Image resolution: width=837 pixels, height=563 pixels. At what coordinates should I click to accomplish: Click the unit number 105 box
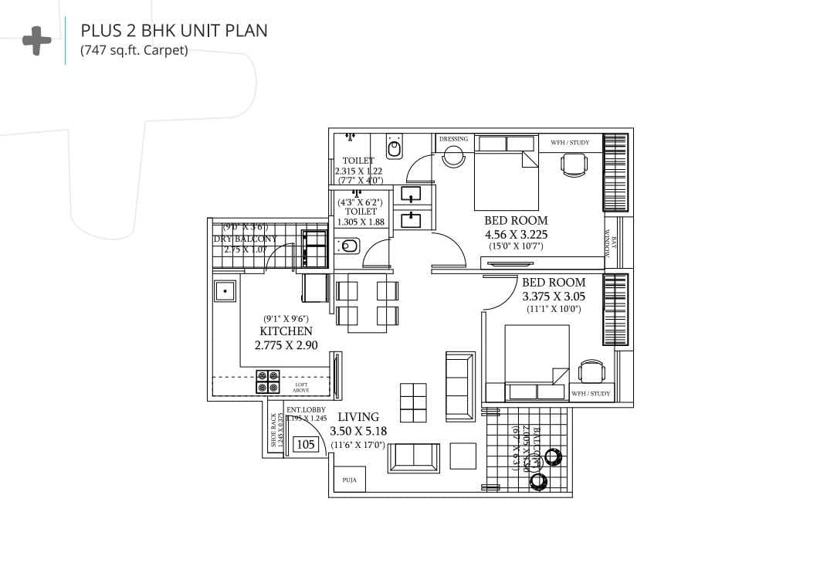(x=306, y=444)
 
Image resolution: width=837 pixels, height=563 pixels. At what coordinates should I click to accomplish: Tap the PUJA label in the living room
(x=350, y=480)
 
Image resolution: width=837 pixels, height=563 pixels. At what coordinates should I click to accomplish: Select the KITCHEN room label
(x=286, y=331)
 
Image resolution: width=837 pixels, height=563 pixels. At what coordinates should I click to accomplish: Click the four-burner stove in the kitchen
(x=268, y=382)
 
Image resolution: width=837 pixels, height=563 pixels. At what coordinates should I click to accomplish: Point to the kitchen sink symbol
(x=225, y=291)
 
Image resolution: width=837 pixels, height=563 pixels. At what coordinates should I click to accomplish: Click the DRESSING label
(x=453, y=139)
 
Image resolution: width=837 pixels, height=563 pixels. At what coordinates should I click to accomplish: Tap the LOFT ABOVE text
(x=301, y=387)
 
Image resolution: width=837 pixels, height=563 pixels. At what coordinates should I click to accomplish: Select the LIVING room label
(x=358, y=417)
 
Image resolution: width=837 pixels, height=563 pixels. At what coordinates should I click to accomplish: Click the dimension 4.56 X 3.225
(x=516, y=234)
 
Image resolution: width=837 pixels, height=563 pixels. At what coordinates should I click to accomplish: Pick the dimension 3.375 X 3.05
(x=554, y=296)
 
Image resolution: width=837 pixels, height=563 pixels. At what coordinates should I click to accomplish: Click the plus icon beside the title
(x=36, y=41)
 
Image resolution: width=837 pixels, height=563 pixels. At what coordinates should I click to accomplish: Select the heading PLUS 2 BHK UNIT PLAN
(x=175, y=31)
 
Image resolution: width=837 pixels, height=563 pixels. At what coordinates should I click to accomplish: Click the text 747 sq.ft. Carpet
(x=134, y=52)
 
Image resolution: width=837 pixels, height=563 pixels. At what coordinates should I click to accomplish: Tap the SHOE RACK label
(x=273, y=430)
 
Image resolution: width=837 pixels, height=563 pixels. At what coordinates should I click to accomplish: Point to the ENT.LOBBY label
(x=306, y=409)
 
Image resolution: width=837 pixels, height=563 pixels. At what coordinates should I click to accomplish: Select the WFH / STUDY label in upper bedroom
(x=570, y=142)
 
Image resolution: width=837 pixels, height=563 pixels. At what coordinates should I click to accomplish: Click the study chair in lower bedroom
(x=591, y=371)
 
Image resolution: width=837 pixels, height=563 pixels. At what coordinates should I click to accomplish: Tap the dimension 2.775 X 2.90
(x=286, y=346)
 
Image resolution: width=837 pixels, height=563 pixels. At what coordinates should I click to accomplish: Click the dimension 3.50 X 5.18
(x=358, y=432)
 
